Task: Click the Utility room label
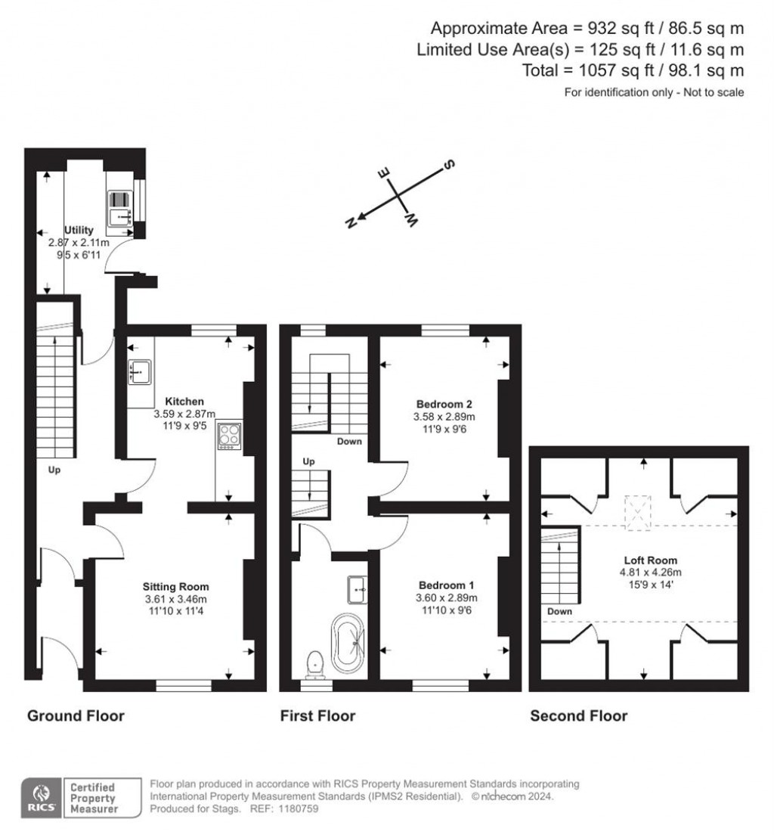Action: click(79, 230)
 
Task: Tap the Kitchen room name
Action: click(184, 401)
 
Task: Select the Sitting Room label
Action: click(176, 586)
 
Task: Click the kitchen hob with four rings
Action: click(228, 436)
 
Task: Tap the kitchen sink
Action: click(140, 371)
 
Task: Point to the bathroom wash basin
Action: click(358, 588)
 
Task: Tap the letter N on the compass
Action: click(350, 222)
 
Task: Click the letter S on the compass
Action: click(448, 164)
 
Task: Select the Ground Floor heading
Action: click(76, 715)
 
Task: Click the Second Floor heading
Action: click(578, 715)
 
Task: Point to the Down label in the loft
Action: click(560, 611)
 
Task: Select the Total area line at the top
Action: click(633, 70)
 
